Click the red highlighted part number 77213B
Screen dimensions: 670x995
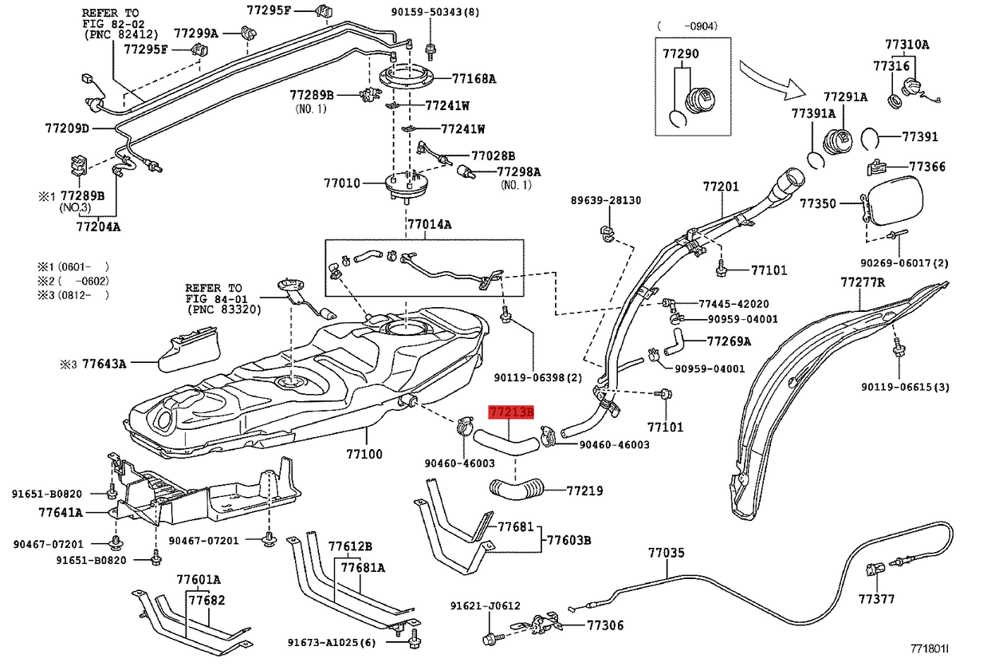tap(510, 412)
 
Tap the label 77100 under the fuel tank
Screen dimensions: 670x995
tap(364, 454)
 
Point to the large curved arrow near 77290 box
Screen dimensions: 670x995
tap(769, 75)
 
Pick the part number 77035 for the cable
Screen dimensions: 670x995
tap(666, 552)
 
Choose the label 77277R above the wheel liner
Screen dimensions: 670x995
tap(863, 282)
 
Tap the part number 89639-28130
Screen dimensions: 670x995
tap(605, 200)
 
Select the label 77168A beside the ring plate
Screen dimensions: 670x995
tap(474, 78)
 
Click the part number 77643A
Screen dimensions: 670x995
tap(104, 364)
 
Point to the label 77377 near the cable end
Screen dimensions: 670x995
tap(876, 598)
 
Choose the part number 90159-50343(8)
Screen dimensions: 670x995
tap(435, 13)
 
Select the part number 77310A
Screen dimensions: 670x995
tap(907, 45)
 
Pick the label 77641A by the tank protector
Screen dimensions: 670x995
tap(62, 512)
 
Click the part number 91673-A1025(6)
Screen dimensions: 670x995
tap(332, 643)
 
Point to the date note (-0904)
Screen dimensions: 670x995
tap(687, 26)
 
